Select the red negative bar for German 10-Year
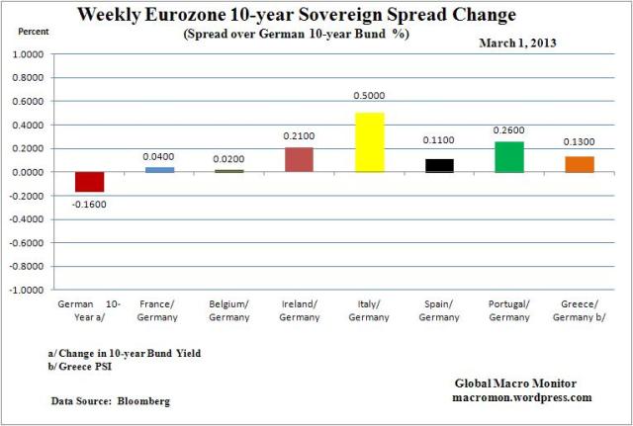(89, 182)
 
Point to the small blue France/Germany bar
(158, 170)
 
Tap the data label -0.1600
(89, 205)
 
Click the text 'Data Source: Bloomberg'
(110, 401)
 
